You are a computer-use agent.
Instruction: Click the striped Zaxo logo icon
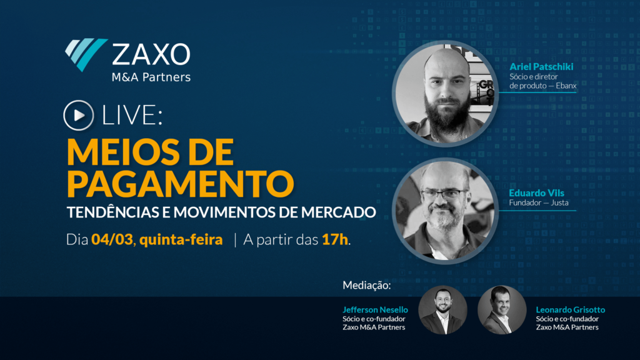coord(86,54)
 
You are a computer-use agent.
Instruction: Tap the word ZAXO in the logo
coord(151,54)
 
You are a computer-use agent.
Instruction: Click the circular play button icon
coord(78,116)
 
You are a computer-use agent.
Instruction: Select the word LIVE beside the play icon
coord(131,116)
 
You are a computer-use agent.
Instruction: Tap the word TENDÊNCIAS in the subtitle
coord(113,212)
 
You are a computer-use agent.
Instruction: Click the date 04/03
coord(112,239)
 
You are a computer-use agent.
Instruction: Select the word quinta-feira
coord(181,239)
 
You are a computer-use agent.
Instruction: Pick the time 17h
coord(335,239)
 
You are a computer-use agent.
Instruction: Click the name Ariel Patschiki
coord(541,66)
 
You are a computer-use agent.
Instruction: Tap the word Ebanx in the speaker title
coord(566,86)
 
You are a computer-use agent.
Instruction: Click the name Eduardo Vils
coord(536,193)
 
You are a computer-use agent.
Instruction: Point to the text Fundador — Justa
coord(538,203)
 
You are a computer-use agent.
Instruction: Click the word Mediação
coord(366,285)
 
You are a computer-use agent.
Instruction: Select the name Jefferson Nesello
coord(375,310)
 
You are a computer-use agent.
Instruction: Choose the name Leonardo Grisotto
coord(570,310)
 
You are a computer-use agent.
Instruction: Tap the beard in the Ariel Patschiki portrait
coord(447,114)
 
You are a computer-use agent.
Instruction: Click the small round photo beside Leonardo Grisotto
coord(502,310)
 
